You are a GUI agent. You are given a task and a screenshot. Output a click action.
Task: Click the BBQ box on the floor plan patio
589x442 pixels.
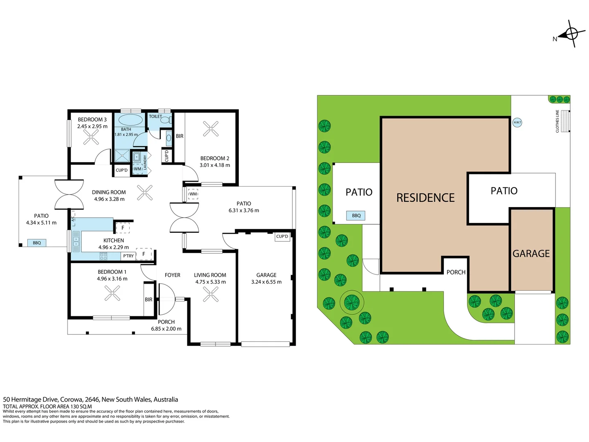37,243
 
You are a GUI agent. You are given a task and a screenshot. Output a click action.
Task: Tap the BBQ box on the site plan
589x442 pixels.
355,216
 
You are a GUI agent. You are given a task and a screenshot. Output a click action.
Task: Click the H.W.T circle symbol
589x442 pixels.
517,123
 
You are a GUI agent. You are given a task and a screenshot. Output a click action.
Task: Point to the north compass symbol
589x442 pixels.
570,34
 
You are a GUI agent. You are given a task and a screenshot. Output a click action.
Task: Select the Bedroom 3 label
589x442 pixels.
92,120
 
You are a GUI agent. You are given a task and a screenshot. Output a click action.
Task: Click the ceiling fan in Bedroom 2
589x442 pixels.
211,129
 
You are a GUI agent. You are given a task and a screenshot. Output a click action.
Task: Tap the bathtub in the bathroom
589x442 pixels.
130,120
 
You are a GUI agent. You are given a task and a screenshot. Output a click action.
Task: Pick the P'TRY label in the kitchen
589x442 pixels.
128,256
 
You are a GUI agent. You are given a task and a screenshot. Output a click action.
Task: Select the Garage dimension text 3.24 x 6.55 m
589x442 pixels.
266,282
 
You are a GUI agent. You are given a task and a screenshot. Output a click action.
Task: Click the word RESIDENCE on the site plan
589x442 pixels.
425,198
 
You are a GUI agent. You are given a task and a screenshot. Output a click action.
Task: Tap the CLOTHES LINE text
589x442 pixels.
557,121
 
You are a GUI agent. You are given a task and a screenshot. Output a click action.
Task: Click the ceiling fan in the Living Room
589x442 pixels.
211,294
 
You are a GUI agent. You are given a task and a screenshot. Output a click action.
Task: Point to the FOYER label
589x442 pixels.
172,275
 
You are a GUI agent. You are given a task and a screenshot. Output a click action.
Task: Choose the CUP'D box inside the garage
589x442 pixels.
282,237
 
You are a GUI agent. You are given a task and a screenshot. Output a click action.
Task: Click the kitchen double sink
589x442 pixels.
76,241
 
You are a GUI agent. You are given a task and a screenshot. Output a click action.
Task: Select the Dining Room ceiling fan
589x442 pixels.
145,193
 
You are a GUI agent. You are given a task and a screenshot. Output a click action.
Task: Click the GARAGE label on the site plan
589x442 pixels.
531,254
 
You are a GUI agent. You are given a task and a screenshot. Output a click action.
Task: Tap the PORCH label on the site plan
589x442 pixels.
456,273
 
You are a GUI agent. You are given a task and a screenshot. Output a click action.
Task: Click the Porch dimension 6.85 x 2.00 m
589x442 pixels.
166,329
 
